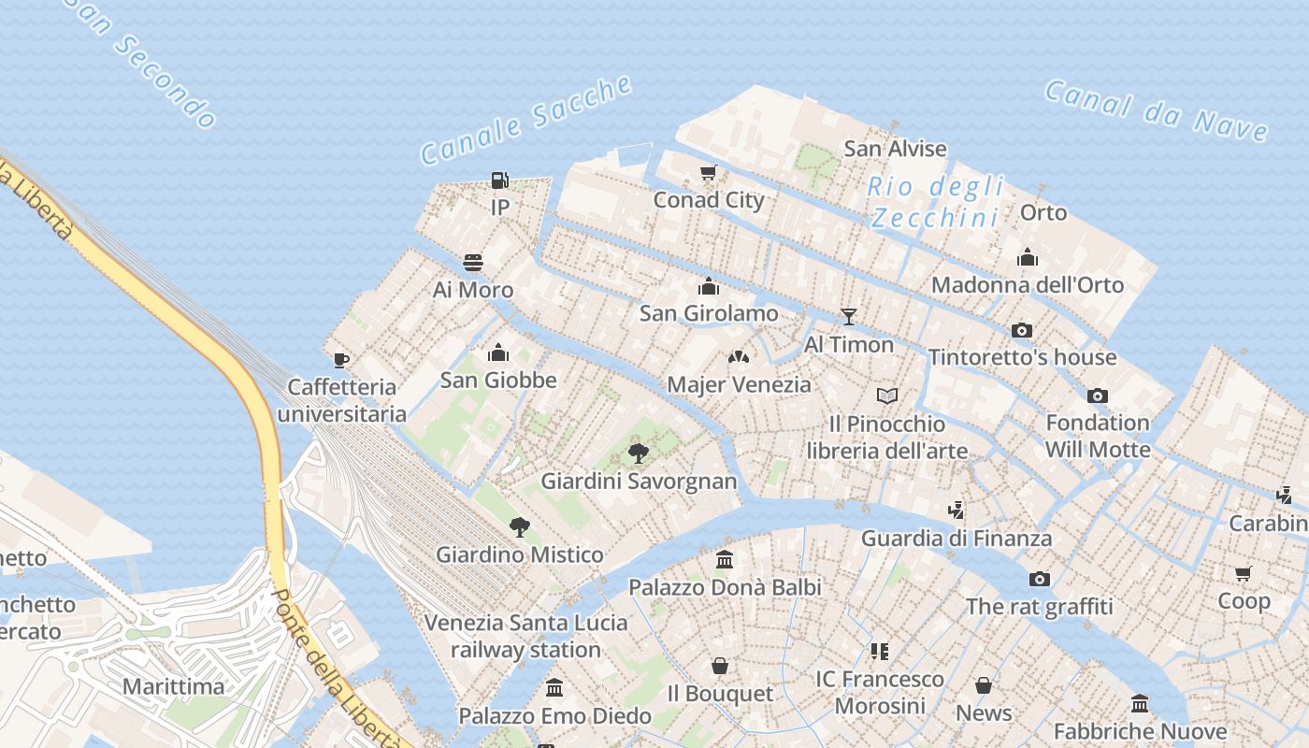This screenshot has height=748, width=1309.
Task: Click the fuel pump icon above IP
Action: (500, 180)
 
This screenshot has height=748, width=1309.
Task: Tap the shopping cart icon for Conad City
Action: (709, 172)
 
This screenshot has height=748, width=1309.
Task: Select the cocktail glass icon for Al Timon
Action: (848, 317)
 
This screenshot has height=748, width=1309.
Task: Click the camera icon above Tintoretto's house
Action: (1022, 330)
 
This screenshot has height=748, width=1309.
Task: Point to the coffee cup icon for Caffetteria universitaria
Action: (341, 360)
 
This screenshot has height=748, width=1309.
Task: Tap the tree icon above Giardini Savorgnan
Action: (639, 454)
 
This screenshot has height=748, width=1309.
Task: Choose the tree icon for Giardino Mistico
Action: (520, 527)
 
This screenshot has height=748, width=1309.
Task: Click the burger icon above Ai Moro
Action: (473, 263)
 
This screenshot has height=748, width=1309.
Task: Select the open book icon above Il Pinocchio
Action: (887, 396)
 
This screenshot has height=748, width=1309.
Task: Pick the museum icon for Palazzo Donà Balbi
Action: (725, 560)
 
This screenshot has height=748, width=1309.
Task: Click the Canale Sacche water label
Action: (526, 120)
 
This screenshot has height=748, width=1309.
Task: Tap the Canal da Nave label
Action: (1156, 110)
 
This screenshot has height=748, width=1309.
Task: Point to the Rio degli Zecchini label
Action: (935, 201)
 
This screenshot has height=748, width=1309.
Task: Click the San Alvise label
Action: (895, 149)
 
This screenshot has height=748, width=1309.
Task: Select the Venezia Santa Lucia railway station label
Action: (525, 636)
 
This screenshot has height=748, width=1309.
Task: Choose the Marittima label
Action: (174, 686)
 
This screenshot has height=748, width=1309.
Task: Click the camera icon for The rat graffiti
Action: (1039, 579)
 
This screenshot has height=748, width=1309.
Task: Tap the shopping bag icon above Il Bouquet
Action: (720, 666)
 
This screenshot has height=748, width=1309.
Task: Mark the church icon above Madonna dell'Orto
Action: (1028, 257)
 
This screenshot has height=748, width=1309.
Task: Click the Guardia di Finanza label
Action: (956, 539)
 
